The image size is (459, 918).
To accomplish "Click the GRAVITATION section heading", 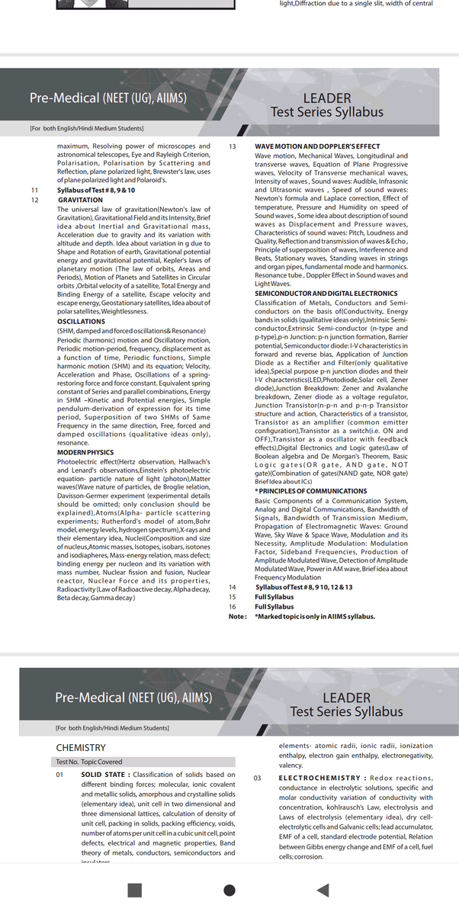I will tap(80, 200).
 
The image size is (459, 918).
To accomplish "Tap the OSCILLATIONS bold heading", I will tap(81, 322).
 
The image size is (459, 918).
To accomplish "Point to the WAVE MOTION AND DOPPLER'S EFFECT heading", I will tap(317, 146).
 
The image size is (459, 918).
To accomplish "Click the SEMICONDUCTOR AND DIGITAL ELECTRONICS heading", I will tap(326, 294).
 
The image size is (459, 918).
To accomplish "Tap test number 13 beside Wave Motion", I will tap(233, 146).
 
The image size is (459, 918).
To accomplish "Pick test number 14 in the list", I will tap(233, 587).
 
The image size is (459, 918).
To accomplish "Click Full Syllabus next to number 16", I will tap(274, 606).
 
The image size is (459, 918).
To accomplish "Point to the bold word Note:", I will tap(238, 616).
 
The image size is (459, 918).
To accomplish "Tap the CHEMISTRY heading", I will tap(81, 748).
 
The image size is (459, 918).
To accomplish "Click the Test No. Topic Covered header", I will tap(88, 762).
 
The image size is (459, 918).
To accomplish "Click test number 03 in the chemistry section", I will tap(258, 778).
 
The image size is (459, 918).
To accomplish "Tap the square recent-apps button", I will tap(135, 890).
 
